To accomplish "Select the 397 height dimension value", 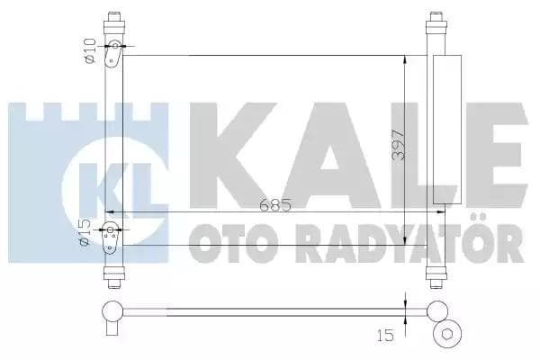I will (399, 140).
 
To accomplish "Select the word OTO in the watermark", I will (229, 243).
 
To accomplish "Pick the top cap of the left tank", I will (113, 20).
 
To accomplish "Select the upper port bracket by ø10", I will (113, 55).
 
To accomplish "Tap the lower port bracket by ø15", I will (112, 237).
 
